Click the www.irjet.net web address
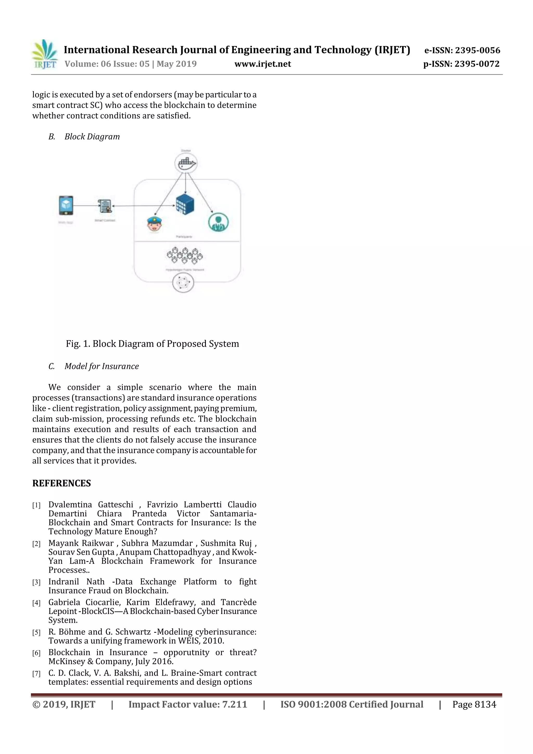click(x=262, y=64)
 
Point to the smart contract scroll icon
click(x=105, y=206)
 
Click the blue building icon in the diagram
click(x=185, y=204)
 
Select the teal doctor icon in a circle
click(x=218, y=222)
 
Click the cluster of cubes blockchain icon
click(x=185, y=255)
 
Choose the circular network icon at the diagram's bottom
click(x=183, y=282)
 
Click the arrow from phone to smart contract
click(x=85, y=206)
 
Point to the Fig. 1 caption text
click(x=153, y=344)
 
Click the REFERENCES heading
click(x=61, y=483)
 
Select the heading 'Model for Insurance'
click(x=101, y=366)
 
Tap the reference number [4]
click(x=36, y=603)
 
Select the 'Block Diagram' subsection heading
click(x=92, y=137)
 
